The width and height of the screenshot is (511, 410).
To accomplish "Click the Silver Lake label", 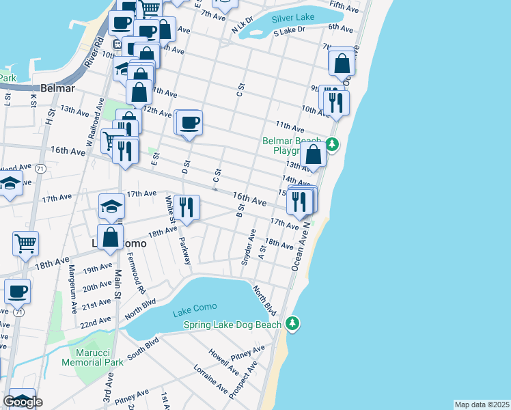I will pos(294,18).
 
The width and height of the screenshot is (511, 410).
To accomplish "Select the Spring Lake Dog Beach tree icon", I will pos(293,323).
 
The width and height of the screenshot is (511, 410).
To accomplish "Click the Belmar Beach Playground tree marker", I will pos(332,144).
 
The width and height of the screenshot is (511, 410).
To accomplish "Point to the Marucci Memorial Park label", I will pos(100,356).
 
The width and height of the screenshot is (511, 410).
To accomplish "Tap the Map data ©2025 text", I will pos(482,405).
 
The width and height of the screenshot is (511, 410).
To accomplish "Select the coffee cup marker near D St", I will pos(190,123).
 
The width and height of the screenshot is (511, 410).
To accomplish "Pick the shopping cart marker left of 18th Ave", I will pos(25,243).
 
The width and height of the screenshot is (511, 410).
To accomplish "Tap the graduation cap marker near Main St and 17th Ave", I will pos(112,207).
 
